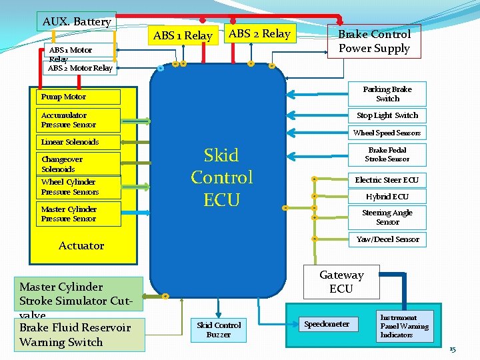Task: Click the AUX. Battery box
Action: pyautogui.click(x=76, y=21)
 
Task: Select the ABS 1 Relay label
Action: pyautogui.click(x=182, y=35)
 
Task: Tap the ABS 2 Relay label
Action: pyautogui.click(x=259, y=33)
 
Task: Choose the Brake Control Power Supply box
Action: pyautogui.click(x=374, y=41)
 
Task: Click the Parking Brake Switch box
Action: pyautogui.click(x=387, y=94)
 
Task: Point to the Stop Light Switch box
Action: pyautogui.click(x=387, y=115)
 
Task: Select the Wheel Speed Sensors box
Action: pyautogui.click(x=387, y=133)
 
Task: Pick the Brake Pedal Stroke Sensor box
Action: pyautogui.click(x=387, y=155)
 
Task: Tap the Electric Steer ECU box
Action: pyautogui.click(x=387, y=180)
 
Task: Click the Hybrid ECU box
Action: pyautogui.click(x=387, y=197)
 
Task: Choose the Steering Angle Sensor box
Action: pyautogui.click(x=387, y=217)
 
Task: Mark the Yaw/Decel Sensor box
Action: pyautogui.click(x=387, y=239)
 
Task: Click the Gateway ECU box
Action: pyautogui.click(x=341, y=281)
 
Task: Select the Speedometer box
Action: pyautogui.click(x=326, y=324)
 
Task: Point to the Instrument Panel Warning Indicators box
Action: pyautogui.click(x=405, y=326)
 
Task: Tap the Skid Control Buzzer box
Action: pyautogui.click(x=218, y=329)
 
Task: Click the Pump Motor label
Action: pyautogui.click(x=63, y=97)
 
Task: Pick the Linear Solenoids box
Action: pyautogui.click(x=71, y=142)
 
